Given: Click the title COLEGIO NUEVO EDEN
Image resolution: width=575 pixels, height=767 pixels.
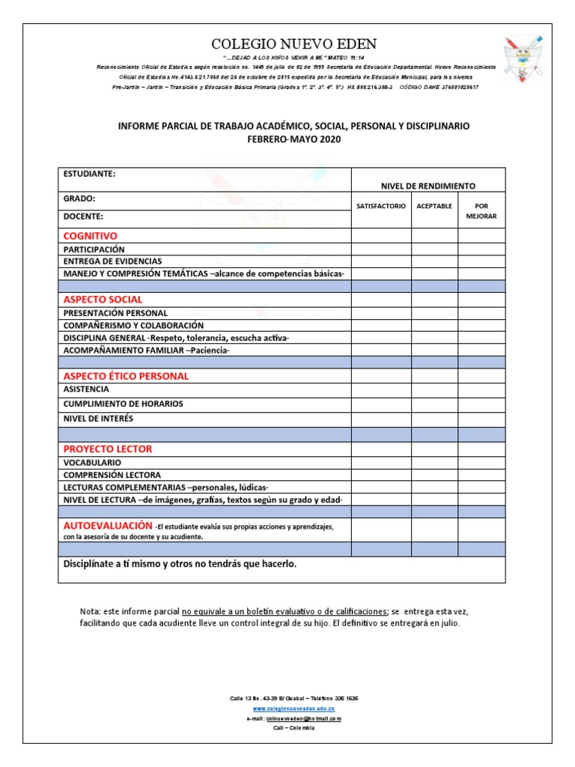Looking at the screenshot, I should click(294, 43).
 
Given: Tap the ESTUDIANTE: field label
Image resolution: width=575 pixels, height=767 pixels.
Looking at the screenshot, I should click(89, 174).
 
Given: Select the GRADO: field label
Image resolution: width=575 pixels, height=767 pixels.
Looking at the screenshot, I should click(79, 199).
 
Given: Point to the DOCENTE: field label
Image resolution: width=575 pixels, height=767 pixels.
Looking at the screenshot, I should click(83, 216).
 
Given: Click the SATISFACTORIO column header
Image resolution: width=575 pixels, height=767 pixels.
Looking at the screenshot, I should click(381, 206).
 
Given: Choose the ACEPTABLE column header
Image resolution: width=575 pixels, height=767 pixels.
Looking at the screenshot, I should click(434, 206).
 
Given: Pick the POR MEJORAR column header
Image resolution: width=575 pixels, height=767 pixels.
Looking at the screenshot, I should click(481, 210).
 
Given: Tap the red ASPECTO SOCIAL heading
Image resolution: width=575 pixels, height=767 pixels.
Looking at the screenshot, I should click(103, 300).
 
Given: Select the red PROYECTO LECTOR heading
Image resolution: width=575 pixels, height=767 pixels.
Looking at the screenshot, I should click(108, 449).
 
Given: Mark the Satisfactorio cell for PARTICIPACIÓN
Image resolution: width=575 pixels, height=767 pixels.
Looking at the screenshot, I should click(381, 249).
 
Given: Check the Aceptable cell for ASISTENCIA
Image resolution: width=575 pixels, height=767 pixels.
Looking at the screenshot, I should click(434, 389).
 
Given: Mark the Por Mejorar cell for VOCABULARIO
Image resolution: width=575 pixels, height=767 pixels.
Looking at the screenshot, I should click(481, 463).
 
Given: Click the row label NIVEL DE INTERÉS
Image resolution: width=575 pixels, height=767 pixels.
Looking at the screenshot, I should click(98, 418).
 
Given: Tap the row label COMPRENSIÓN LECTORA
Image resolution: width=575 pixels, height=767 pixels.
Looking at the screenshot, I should click(112, 475).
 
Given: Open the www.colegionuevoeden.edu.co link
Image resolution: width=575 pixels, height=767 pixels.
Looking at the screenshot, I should click(293, 708).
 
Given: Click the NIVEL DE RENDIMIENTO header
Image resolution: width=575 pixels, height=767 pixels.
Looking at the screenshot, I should click(428, 186).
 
